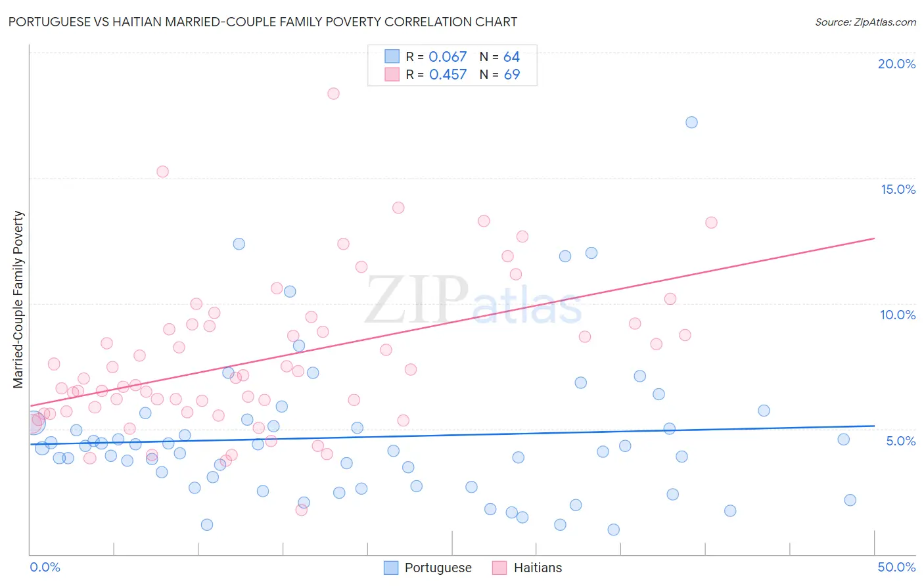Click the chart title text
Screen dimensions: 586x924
[x=262, y=22]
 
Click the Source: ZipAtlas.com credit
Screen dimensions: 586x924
[x=865, y=22]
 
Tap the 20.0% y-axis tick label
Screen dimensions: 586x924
[x=896, y=64]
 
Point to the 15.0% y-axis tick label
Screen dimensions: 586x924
[x=898, y=189]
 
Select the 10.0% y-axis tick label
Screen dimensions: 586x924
[x=898, y=315]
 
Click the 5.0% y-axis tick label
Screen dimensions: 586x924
[x=900, y=441]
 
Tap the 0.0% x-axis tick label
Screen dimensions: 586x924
[x=45, y=567]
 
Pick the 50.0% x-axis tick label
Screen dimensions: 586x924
[x=896, y=567]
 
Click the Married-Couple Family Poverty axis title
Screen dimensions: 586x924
[x=18, y=300]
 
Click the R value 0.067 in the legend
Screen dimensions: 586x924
[x=448, y=57]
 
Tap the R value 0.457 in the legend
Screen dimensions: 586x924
[x=448, y=75]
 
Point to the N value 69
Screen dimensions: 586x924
[x=512, y=75]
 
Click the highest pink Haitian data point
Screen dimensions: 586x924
[x=333, y=93]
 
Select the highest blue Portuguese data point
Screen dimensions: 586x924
[x=691, y=122]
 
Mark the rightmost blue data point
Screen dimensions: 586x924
[x=850, y=500]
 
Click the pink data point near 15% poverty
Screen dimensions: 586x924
[x=162, y=171]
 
